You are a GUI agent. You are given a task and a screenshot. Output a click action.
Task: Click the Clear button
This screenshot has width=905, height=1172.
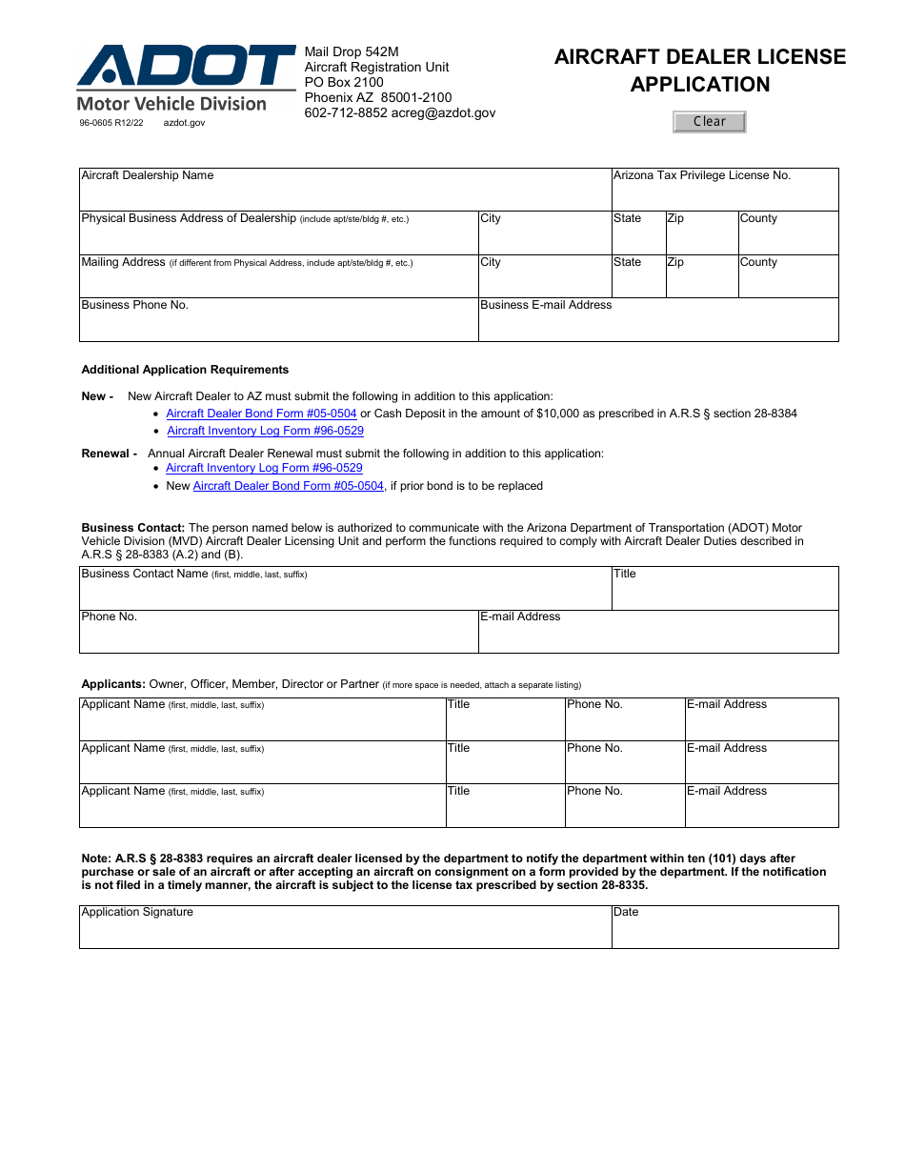[x=709, y=122]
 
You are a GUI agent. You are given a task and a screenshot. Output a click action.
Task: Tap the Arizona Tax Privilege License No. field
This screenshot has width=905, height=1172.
[x=724, y=194]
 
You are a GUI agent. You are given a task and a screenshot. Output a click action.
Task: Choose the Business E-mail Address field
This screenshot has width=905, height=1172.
[x=657, y=325]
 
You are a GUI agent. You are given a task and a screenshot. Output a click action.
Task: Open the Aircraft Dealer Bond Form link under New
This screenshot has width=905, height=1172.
[x=261, y=414]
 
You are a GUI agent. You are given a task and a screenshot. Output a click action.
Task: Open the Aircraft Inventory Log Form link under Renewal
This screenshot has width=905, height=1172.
[x=264, y=468]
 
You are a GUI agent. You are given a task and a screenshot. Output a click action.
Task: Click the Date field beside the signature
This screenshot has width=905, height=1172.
[x=724, y=932]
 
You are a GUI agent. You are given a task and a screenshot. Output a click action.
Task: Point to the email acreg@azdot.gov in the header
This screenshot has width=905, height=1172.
[x=444, y=112]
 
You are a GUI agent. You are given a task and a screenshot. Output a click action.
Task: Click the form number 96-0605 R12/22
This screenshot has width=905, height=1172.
[x=111, y=123]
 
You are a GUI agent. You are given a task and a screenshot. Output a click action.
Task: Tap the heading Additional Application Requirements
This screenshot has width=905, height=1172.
[x=185, y=370]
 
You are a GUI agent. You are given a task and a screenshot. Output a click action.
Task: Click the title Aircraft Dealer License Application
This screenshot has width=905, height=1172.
[x=700, y=71]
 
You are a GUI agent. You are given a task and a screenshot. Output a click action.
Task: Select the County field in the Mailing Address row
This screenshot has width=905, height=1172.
[x=788, y=281]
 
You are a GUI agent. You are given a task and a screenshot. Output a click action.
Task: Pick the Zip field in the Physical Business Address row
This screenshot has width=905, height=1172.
[x=701, y=237]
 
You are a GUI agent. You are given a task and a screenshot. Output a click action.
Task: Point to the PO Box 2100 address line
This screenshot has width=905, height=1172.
[x=344, y=82]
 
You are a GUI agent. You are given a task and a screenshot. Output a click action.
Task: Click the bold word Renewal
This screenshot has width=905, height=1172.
[x=105, y=454]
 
